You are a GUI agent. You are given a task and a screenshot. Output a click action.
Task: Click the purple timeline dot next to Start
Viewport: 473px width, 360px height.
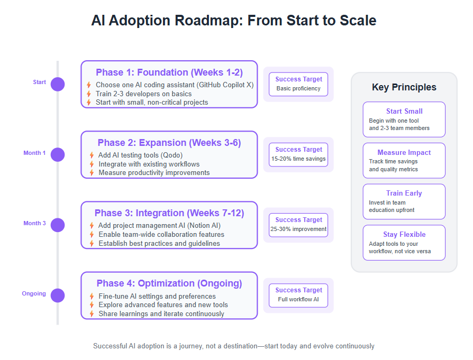pos(58,84)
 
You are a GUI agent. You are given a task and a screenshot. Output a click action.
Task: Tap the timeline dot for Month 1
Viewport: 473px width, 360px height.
pos(58,155)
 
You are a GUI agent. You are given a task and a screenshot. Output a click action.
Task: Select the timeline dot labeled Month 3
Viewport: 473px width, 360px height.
pos(58,225)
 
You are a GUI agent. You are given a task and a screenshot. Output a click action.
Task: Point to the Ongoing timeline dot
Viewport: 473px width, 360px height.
pos(58,296)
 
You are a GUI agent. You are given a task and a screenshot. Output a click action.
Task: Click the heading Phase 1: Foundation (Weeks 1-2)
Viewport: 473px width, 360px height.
pos(169,72)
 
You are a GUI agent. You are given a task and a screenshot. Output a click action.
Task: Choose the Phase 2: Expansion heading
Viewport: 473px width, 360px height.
pos(169,143)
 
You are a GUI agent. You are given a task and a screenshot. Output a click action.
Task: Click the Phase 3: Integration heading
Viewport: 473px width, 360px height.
pos(169,213)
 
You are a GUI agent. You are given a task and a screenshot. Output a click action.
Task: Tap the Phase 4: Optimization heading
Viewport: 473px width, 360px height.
pos(169,283)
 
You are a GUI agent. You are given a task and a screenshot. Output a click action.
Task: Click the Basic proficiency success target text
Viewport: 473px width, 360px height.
pos(298,88)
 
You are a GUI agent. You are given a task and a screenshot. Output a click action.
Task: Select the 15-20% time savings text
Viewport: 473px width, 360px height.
pos(298,159)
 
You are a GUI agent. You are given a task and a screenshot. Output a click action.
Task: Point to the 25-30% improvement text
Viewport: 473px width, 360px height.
pos(298,229)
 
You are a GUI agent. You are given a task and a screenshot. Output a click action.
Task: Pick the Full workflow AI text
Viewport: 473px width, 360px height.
pos(298,299)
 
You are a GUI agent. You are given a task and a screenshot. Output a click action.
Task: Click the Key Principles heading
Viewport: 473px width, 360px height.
pos(404,87)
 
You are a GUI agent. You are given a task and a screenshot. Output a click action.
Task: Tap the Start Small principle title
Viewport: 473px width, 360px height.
pos(404,111)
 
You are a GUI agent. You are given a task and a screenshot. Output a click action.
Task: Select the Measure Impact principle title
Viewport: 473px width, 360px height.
pos(404,153)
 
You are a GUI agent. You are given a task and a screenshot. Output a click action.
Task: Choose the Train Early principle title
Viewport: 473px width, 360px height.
pos(404,193)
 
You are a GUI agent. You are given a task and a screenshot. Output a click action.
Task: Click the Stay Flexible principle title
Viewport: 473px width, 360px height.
pos(404,234)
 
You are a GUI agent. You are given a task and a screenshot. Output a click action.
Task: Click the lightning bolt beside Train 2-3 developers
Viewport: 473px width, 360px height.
pos(89,94)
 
